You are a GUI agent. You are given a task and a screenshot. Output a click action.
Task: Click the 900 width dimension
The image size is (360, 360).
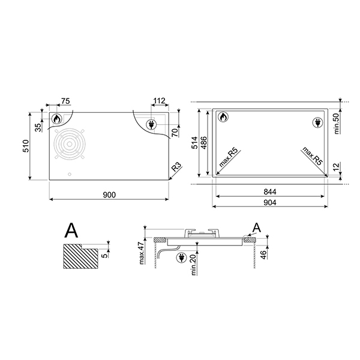[108, 194]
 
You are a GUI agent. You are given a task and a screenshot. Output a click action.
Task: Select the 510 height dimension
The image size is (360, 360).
[25, 146]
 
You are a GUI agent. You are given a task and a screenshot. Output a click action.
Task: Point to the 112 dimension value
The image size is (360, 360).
[159, 101]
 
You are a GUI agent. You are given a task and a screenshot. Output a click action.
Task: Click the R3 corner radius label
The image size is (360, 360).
[175, 167]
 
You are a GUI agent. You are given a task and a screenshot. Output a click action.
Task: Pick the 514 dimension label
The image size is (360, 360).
[194, 142]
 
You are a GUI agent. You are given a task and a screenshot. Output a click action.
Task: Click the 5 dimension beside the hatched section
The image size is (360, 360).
[106, 254]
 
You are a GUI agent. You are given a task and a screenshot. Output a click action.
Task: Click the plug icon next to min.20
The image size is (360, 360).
[181, 258]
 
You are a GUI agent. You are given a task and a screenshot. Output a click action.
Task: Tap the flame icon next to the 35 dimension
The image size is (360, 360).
[57, 119]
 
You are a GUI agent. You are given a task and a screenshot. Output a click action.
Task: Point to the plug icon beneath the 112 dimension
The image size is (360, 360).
[151, 124]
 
